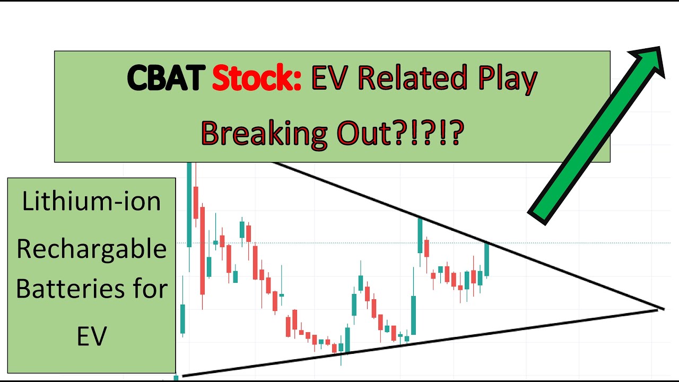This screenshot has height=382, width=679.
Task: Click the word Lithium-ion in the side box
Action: pyautogui.click(x=91, y=202)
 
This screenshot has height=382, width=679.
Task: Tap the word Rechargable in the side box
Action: pyautogui.click(x=91, y=248)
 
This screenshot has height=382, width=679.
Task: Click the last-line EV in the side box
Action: pyautogui.click(x=91, y=335)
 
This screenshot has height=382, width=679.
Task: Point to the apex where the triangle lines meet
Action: pyautogui.click(x=660, y=308)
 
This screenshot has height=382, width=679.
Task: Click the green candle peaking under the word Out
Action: pyautogui.click(x=420, y=236)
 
